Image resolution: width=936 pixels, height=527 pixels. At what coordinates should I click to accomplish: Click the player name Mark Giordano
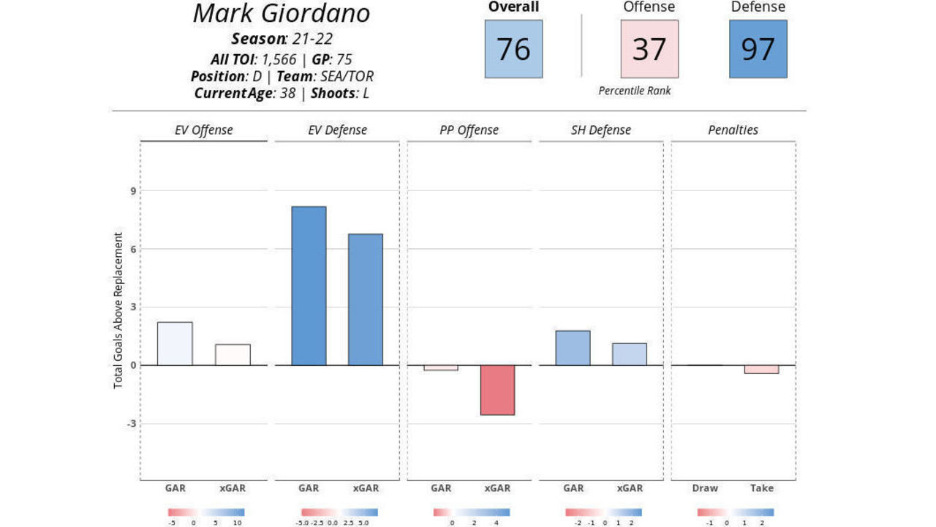(x=282, y=14)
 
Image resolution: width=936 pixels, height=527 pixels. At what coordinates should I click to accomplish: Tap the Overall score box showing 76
(x=513, y=49)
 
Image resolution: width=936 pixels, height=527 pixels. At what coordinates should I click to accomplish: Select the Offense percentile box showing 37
(x=649, y=49)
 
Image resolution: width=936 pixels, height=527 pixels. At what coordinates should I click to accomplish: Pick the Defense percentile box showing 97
(x=758, y=49)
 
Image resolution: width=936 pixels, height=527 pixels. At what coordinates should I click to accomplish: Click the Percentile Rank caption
(x=634, y=91)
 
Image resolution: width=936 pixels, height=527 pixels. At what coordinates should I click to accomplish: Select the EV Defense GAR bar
(x=309, y=285)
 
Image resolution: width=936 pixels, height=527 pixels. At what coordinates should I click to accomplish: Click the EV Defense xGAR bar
(x=366, y=299)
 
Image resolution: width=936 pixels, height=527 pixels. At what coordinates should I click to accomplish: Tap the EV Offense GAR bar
(x=175, y=343)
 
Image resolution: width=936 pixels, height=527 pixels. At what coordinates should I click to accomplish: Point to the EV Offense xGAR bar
(x=233, y=354)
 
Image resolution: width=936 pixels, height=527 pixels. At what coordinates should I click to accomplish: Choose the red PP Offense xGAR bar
(x=497, y=390)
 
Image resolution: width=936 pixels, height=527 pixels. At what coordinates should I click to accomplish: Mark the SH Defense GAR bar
(x=573, y=348)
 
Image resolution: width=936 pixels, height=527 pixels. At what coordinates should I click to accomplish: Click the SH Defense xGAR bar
(x=630, y=354)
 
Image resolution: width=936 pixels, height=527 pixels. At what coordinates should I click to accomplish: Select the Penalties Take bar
(x=762, y=370)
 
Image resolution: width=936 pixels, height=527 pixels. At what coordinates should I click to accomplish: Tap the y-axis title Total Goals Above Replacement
(x=118, y=310)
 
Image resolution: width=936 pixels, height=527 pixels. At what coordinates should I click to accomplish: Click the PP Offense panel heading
(x=469, y=130)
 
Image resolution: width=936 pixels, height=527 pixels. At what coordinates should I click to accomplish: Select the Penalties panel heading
(x=733, y=130)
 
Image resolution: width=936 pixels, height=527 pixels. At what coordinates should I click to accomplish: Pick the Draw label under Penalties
(x=705, y=488)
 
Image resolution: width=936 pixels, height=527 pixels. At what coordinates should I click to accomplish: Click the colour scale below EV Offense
(x=206, y=512)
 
